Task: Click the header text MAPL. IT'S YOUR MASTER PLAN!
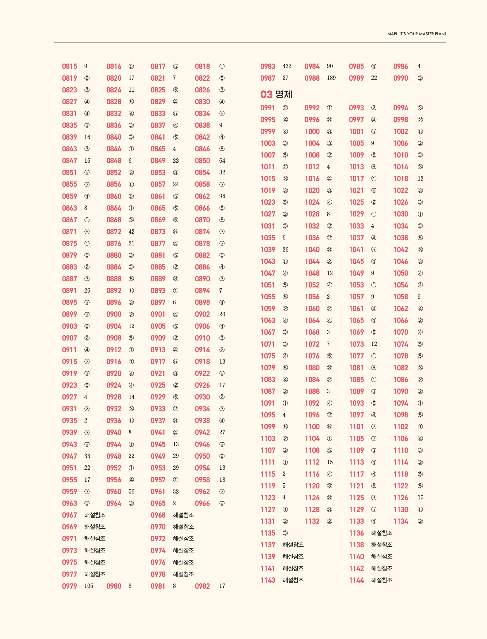[416, 34]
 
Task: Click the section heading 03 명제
[276, 95]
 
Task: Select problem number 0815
[70, 66]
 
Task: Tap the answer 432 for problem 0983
[287, 66]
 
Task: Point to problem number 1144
[356, 580]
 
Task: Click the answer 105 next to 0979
[89, 586]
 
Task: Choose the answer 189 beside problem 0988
[331, 78]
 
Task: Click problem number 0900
[114, 314]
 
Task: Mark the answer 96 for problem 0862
[222, 196]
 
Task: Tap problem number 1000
[312, 132]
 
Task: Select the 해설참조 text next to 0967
[95, 515]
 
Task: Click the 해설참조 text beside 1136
[381, 533]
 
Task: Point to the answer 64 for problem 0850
[222, 160]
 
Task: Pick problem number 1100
[312, 427]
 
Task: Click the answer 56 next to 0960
[131, 491]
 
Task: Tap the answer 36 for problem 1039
[285, 250]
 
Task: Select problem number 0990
[401, 78]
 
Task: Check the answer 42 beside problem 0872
[131, 232]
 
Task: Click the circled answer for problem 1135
[285, 533]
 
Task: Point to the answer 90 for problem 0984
[329, 66]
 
